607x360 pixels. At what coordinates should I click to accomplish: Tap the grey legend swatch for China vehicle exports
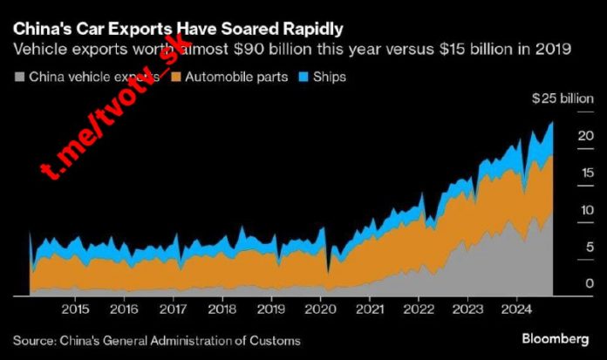20,78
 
